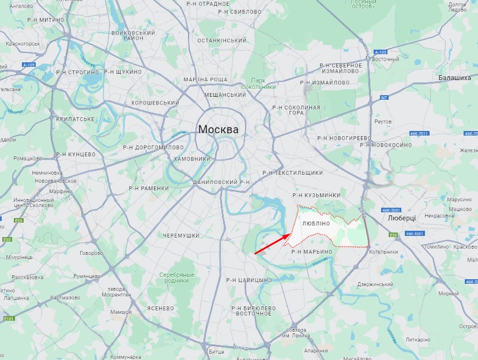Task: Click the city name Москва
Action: click(x=218, y=129)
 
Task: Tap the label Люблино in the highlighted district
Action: click(x=315, y=223)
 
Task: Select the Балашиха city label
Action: click(x=454, y=77)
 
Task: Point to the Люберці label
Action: click(x=402, y=219)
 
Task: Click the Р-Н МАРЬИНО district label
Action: click(x=312, y=252)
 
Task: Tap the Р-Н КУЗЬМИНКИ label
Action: click(x=316, y=196)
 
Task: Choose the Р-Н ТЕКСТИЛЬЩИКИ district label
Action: click(x=292, y=172)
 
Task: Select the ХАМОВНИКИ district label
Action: click(x=193, y=159)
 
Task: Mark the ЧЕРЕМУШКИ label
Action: click(x=181, y=236)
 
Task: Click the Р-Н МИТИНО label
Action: click(x=46, y=20)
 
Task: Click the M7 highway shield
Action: click(x=384, y=98)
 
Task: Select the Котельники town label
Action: click(x=383, y=252)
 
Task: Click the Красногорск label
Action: click(x=22, y=43)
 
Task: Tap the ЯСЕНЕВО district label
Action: click(x=160, y=308)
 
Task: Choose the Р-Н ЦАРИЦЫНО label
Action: click(x=249, y=280)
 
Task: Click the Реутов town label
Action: click(x=383, y=122)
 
